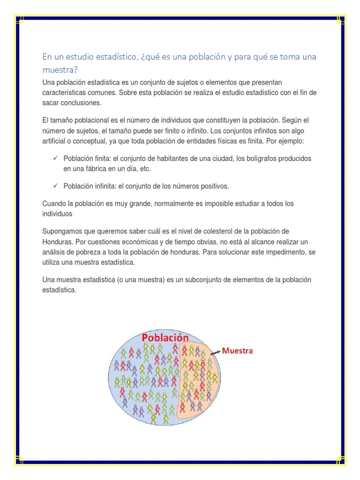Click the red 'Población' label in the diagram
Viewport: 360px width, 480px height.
click(165, 338)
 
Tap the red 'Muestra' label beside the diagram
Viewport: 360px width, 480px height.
click(237, 351)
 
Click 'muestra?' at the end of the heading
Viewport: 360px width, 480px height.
click(60, 69)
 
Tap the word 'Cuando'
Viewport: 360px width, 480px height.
click(54, 204)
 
